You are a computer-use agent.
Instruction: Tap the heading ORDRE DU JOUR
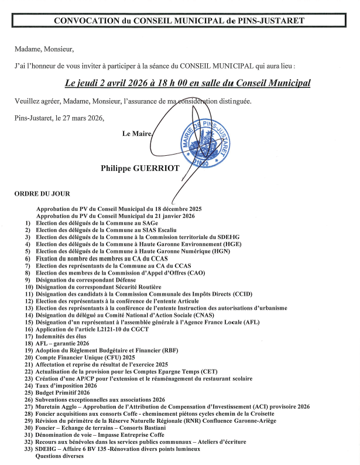coord(42,194)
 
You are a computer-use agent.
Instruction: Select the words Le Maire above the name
coord(136,134)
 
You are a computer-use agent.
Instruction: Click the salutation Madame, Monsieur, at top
coord(44,49)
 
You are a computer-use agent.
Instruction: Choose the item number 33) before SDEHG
coord(28,449)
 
